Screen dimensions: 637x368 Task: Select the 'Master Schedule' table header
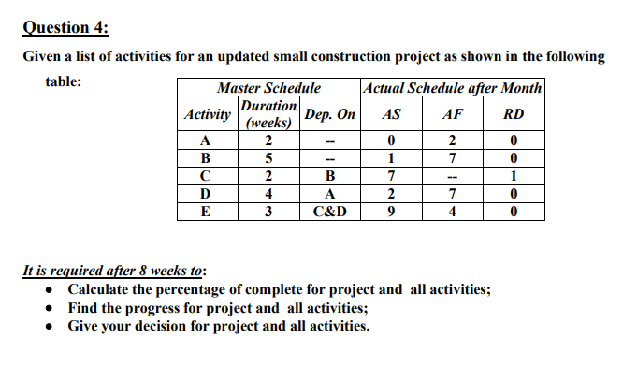(x=268, y=88)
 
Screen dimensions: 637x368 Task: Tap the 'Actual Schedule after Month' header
(x=451, y=88)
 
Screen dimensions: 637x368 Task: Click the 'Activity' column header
(x=208, y=114)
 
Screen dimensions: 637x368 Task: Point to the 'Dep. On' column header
(x=329, y=114)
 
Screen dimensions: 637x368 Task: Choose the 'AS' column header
(x=393, y=114)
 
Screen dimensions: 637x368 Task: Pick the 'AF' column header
(x=451, y=114)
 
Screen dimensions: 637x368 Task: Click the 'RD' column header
(x=513, y=114)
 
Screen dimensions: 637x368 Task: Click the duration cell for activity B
(x=268, y=158)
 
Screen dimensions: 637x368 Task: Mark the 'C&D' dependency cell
(x=329, y=212)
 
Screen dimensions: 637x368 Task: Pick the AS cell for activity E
(x=393, y=212)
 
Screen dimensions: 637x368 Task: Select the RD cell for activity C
(x=513, y=176)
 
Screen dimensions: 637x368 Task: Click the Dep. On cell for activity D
(x=329, y=194)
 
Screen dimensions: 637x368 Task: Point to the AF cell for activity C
(x=451, y=176)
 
